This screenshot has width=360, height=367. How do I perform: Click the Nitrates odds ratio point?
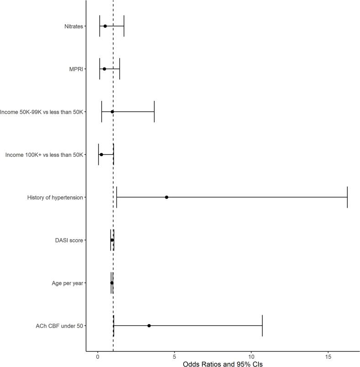[x=105, y=26]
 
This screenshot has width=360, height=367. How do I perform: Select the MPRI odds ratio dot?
[x=104, y=69]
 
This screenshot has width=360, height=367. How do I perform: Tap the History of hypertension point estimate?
[x=166, y=197]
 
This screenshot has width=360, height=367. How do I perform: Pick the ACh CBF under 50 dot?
[x=149, y=325]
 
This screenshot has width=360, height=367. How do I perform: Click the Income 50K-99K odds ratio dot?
[x=112, y=111]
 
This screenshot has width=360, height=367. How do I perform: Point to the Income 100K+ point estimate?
[x=101, y=154]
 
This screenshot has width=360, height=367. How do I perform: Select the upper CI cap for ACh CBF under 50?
[x=262, y=325]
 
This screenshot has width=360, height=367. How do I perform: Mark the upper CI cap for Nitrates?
[x=124, y=26]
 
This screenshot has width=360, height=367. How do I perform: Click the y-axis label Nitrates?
[x=74, y=26]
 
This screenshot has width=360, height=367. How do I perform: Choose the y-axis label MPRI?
[x=76, y=69]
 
